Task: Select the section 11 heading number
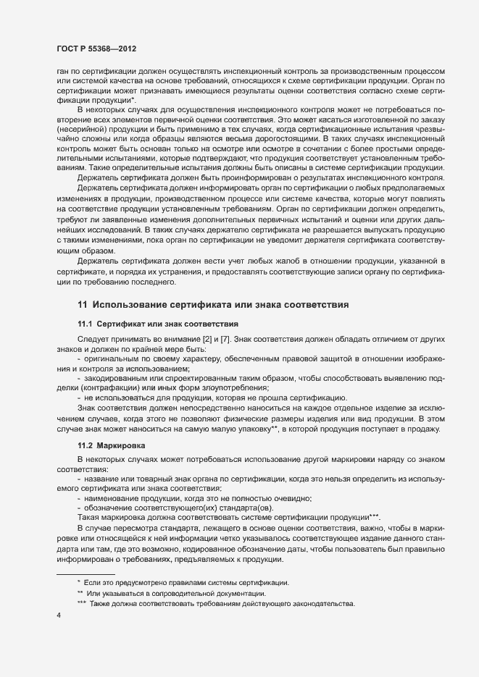[82, 305]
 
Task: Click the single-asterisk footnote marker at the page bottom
[78, 581]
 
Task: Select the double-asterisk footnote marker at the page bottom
[80, 592]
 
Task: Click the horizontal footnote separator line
[86, 573]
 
